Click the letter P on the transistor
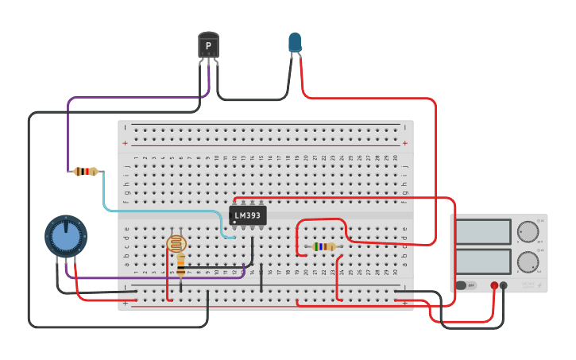click(x=208, y=46)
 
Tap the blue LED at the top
click(x=295, y=42)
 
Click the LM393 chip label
click(x=248, y=215)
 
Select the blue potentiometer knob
click(x=65, y=236)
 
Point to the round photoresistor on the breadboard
click(x=176, y=243)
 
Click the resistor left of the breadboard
click(x=85, y=171)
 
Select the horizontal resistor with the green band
click(x=323, y=246)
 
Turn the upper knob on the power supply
click(x=528, y=232)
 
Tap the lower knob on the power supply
click(x=528, y=261)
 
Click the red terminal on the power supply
click(x=494, y=285)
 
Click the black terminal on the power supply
click(x=504, y=285)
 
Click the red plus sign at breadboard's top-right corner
click(x=405, y=143)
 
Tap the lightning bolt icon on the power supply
click(x=539, y=285)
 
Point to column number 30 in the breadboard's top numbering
click(x=395, y=158)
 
